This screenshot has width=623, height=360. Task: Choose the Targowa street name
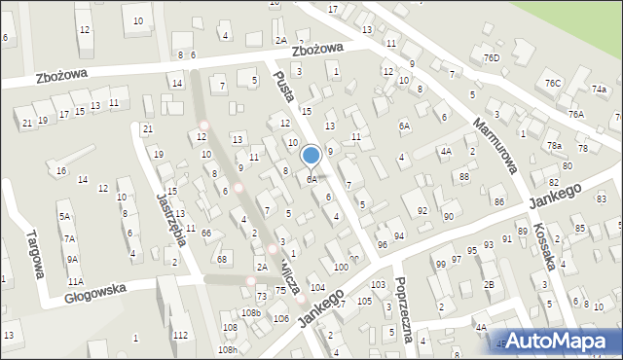pyautogui.click(x=34, y=256)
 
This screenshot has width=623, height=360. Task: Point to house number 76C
pyautogui.click(x=554, y=84)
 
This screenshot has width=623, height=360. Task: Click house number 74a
pyautogui.click(x=598, y=89)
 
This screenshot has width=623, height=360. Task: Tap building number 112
pyautogui.click(x=180, y=335)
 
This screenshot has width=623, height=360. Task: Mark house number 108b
pyautogui.click(x=251, y=312)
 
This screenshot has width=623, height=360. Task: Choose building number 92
pyautogui.click(x=421, y=210)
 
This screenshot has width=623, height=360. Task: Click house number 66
pyautogui.click(x=206, y=233)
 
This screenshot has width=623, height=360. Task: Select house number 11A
pyautogui.click(x=75, y=281)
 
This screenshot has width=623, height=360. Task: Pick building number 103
pyautogui.click(x=378, y=284)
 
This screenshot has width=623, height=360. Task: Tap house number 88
pyautogui.click(x=464, y=176)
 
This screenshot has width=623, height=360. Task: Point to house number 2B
pyautogui.click(x=490, y=284)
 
